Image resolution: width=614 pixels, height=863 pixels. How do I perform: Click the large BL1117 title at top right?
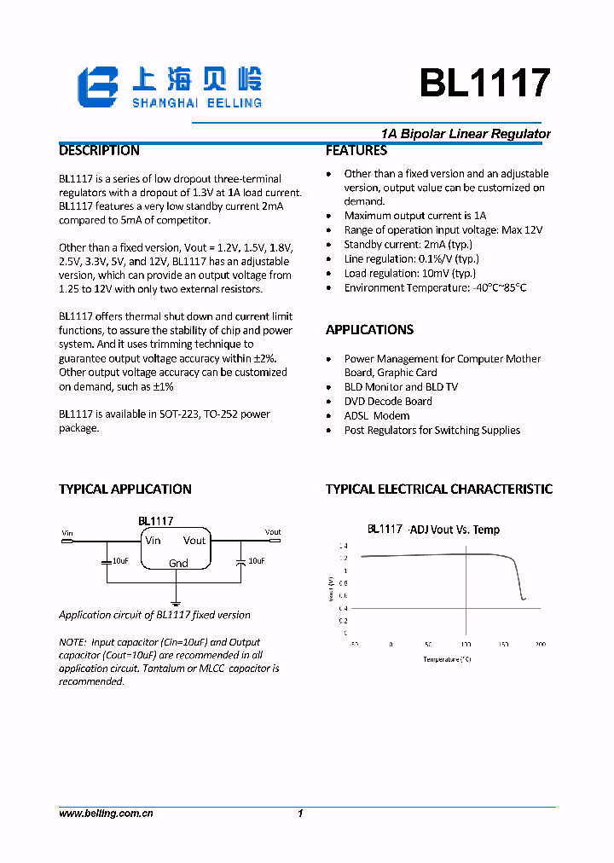click(484, 84)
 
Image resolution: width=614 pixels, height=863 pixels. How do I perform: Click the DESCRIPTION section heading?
click(99, 151)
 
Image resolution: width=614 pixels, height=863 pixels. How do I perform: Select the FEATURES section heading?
click(356, 151)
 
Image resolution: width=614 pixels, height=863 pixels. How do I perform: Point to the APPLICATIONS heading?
click(369, 330)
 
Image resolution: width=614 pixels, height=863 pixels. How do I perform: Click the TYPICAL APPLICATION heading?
click(125, 489)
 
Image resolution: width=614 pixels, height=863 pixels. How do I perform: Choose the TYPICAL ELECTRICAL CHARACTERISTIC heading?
click(438, 489)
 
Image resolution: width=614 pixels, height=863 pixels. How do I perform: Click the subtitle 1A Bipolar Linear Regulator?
click(466, 134)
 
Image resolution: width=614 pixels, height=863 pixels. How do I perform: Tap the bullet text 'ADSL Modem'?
click(376, 416)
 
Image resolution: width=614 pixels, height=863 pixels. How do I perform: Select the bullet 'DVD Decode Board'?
click(387, 402)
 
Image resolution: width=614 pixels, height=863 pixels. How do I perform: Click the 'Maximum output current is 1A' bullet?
click(414, 217)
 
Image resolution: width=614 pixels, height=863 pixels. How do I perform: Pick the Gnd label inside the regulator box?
click(178, 564)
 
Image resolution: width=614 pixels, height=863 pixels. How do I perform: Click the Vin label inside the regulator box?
click(153, 541)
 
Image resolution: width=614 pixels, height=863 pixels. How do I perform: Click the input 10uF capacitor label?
click(120, 561)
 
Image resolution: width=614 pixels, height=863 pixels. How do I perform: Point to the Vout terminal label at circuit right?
click(273, 532)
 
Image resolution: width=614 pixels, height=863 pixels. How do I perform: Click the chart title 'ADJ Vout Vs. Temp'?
click(455, 530)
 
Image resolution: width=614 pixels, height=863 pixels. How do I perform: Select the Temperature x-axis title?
click(447, 659)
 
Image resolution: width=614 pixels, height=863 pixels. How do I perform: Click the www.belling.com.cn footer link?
click(106, 814)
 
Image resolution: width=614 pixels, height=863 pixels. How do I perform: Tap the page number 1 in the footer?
click(300, 814)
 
